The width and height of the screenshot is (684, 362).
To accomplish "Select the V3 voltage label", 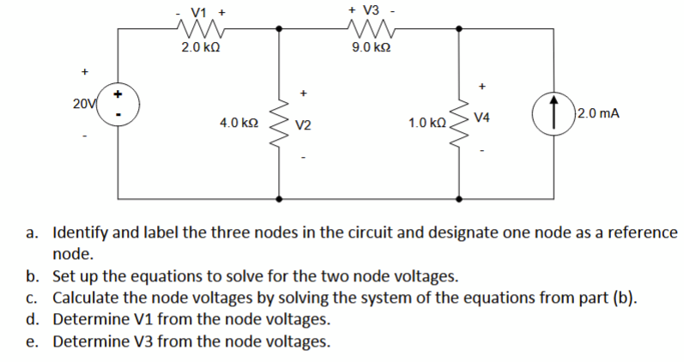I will click(x=371, y=10).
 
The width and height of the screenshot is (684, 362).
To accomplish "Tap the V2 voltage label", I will click(x=302, y=125).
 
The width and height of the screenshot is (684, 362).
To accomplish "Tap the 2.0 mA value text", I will click(x=601, y=113).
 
